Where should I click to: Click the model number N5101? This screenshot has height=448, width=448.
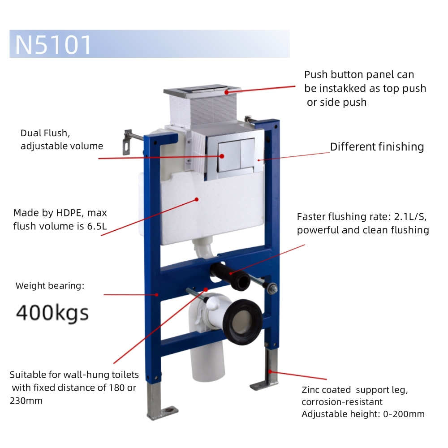53,44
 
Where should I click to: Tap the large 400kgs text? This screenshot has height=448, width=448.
52,313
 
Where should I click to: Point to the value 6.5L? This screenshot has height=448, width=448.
97,226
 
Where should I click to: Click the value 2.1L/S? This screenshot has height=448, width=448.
410,217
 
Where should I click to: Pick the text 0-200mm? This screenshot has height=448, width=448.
404,414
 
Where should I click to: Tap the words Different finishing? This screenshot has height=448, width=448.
377,147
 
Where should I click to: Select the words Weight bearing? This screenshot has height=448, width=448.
50,286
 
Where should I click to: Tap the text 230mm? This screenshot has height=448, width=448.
26,401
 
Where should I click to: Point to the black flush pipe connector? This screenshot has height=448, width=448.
230,276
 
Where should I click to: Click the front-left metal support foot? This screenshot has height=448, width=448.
160,403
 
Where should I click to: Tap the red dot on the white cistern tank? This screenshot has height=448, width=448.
197,199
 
